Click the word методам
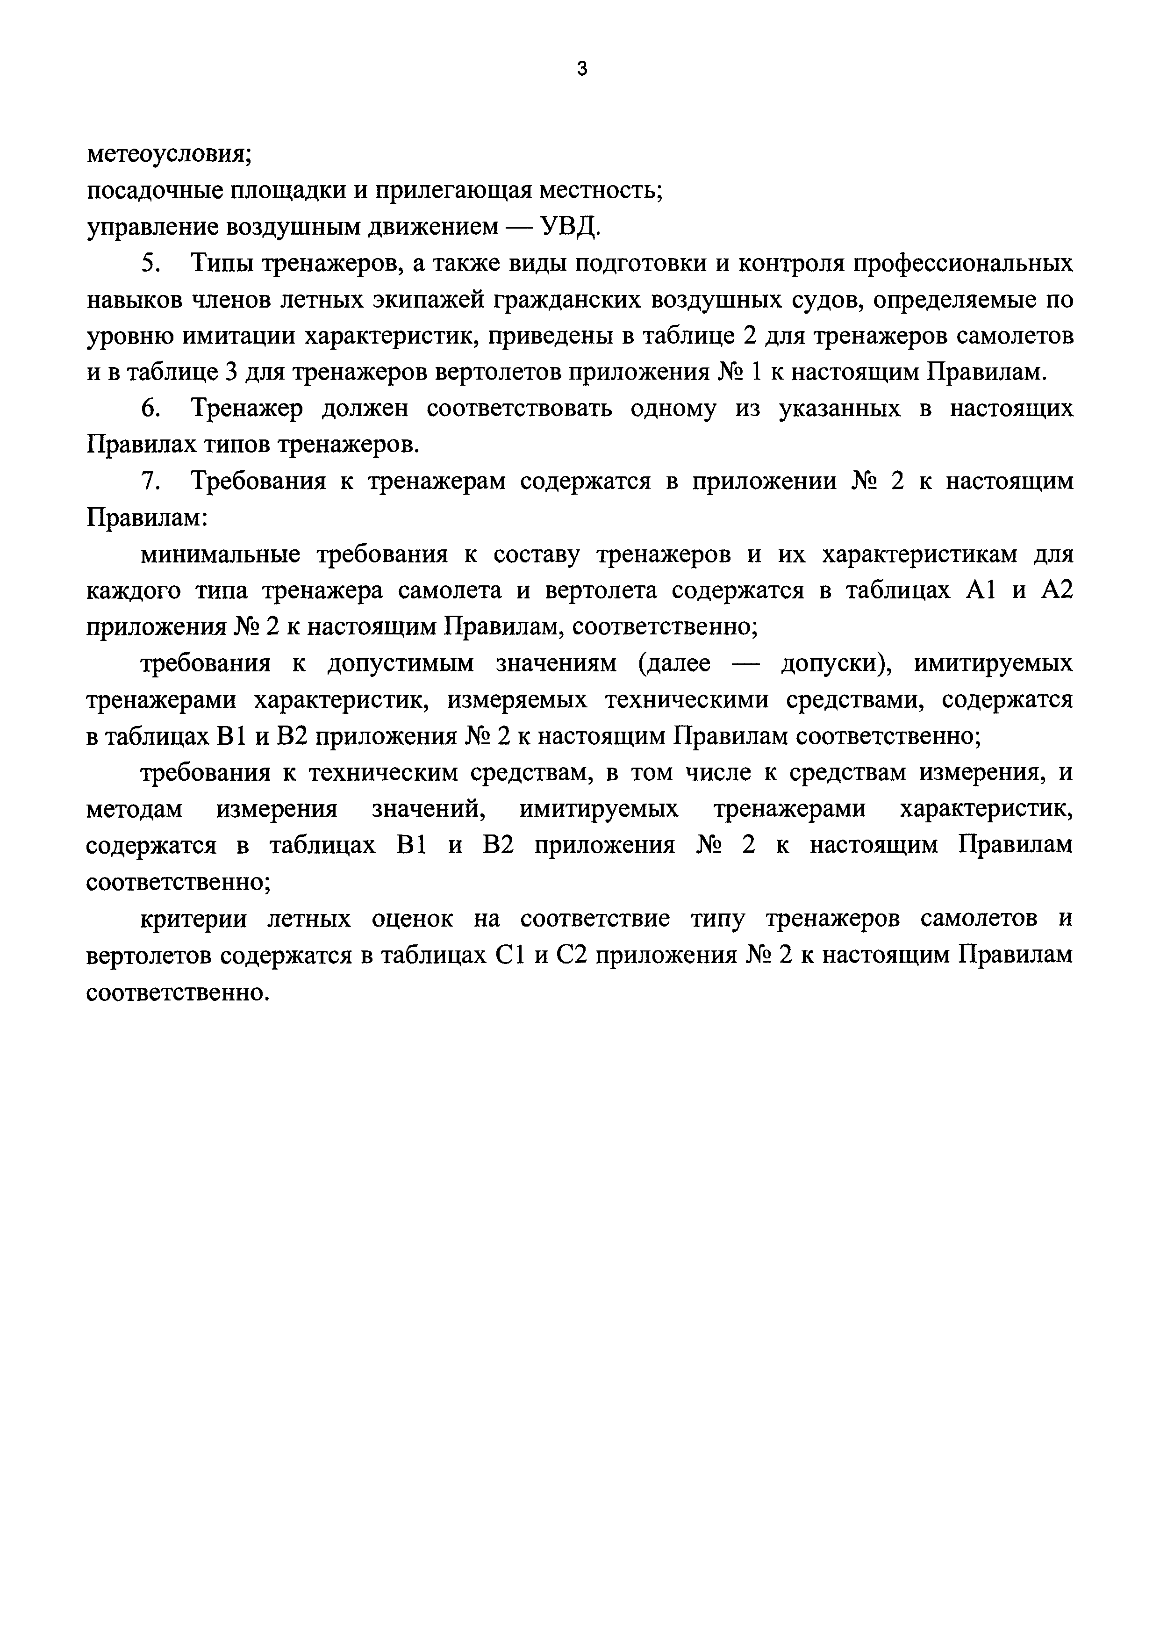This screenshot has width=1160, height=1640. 134,809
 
